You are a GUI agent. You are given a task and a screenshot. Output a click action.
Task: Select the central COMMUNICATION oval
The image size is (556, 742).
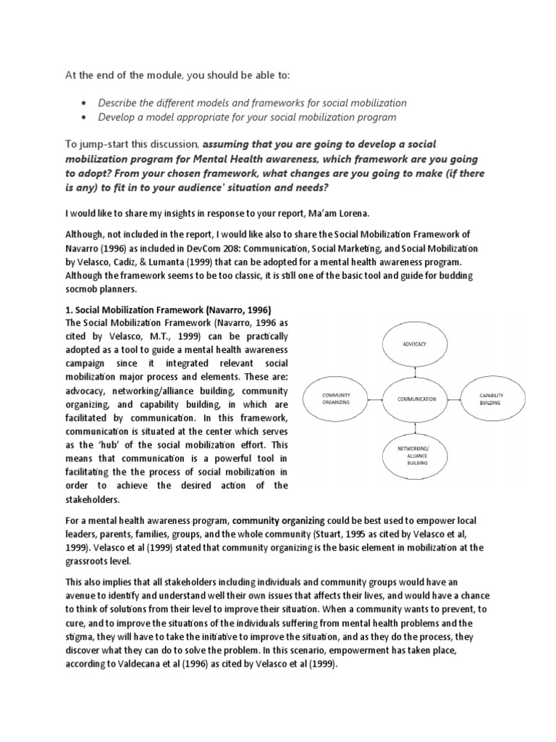pos(416,399)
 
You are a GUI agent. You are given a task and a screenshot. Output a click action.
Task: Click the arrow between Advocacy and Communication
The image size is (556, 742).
pos(416,370)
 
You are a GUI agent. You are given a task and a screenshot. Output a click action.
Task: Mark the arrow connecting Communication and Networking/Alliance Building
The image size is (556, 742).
pos(416,428)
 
